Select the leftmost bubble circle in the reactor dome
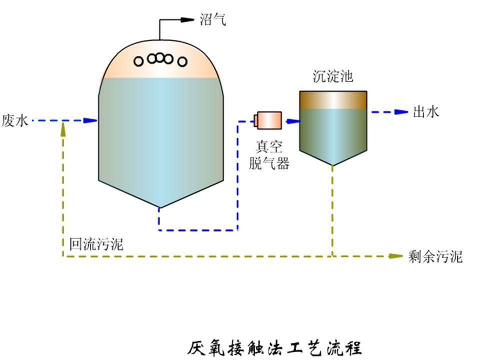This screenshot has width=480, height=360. click(x=139, y=61)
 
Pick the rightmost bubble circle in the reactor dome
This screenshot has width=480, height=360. click(x=182, y=61)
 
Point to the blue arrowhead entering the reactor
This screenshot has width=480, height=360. click(x=90, y=120)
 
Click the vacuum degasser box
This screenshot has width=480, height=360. click(x=269, y=120)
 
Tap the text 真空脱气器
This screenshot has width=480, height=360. click(x=269, y=155)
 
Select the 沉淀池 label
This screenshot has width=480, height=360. click(x=332, y=77)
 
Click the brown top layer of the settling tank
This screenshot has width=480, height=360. click(x=333, y=99)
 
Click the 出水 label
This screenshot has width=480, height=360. click(x=425, y=112)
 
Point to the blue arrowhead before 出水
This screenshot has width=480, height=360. click(x=401, y=112)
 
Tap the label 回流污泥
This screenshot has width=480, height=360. click(x=96, y=244)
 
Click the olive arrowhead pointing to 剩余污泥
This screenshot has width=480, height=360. click(x=396, y=256)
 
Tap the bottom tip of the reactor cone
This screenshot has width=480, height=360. click(x=159, y=207)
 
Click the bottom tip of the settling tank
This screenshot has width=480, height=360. click(x=332, y=165)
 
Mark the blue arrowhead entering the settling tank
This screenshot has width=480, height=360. click(x=292, y=120)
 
